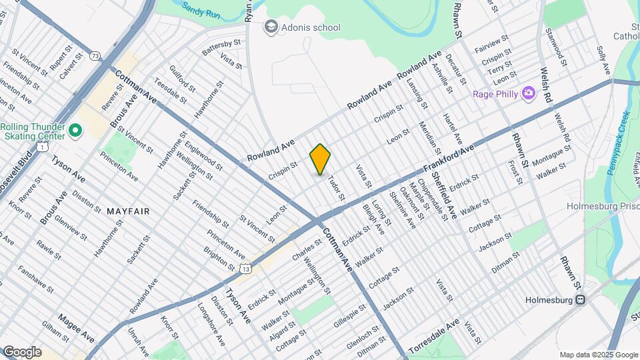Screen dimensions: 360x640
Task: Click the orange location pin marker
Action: pyautogui.click(x=320, y=159)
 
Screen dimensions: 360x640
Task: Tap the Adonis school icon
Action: pyautogui.click(x=271, y=27)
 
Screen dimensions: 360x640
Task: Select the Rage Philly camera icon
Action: pyautogui.click(x=529, y=93)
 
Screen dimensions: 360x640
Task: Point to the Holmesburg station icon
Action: pyautogui.click(x=581, y=300)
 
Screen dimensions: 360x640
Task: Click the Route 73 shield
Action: pyautogui.click(x=97, y=58)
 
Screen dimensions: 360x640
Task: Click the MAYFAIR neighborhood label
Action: pyautogui.click(x=127, y=211)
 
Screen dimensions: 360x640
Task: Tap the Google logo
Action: pyautogui.click(x=22, y=351)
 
